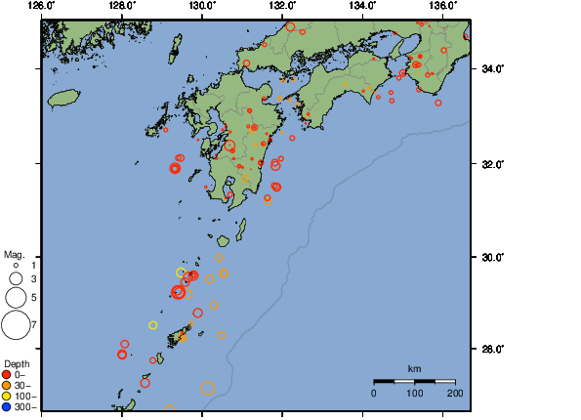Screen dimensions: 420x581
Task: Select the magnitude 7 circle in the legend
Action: click(16, 323)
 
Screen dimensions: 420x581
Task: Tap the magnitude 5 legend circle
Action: click(16, 297)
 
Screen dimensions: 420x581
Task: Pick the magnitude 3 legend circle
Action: click(16, 278)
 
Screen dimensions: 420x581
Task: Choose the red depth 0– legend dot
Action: click(7, 374)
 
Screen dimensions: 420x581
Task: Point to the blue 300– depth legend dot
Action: click(7, 406)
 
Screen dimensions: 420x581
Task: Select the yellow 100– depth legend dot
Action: click(7, 396)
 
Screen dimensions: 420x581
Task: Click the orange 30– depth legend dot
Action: click(7, 385)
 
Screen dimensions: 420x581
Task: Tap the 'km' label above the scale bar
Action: click(414, 368)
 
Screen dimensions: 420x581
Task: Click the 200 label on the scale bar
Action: click(455, 393)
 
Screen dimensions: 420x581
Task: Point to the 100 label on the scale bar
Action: click(414, 393)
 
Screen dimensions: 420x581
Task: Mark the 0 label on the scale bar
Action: click(374, 393)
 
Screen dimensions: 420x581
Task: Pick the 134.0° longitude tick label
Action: click(360, 6)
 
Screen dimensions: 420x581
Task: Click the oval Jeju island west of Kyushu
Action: click(63, 98)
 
